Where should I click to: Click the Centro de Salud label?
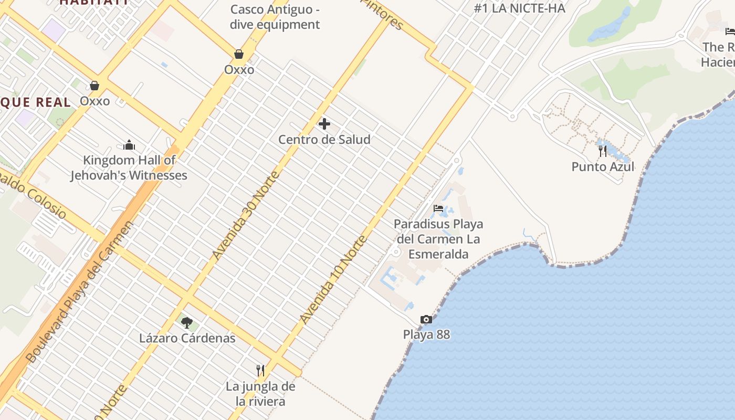pyautogui.click(x=324, y=140)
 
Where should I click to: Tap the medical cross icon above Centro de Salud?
pyautogui.click(x=324, y=124)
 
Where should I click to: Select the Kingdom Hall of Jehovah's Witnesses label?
pyautogui.click(x=129, y=167)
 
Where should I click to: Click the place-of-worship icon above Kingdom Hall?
pyautogui.click(x=129, y=145)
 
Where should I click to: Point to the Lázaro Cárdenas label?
pyautogui.click(x=187, y=338)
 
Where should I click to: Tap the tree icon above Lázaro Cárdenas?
pyautogui.click(x=187, y=322)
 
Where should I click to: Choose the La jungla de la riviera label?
pyautogui.click(x=260, y=394)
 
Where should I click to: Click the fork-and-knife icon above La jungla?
pyautogui.click(x=260, y=371)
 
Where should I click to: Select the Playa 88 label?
pyautogui.click(x=426, y=334)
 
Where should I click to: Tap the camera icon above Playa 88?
pyautogui.click(x=426, y=319)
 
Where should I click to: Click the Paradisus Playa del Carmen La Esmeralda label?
pyautogui.click(x=438, y=239)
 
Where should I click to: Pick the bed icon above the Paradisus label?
pyautogui.click(x=438, y=208)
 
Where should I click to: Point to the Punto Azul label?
pyautogui.click(x=603, y=167)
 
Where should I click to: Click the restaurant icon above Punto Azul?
pyautogui.click(x=603, y=151)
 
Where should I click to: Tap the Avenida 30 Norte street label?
pyautogui.click(x=245, y=215)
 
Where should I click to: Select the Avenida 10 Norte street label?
pyautogui.click(x=333, y=279)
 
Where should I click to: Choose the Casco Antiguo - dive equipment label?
pyautogui.click(x=275, y=17)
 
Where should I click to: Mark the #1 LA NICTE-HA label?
pyautogui.click(x=519, y=8)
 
